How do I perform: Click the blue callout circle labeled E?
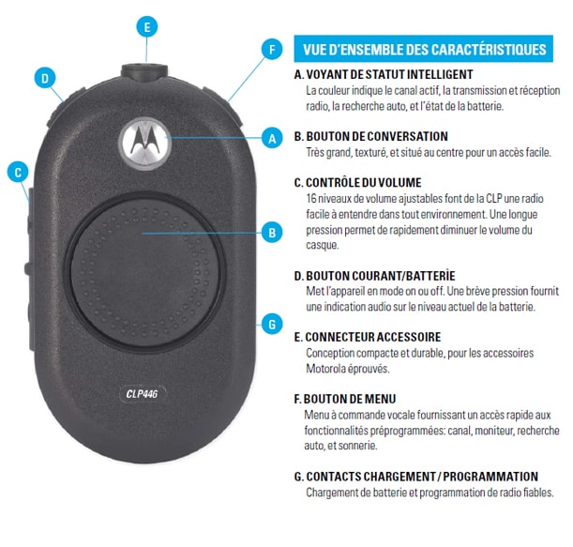coord(147,27)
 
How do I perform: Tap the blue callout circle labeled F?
coord(272,50)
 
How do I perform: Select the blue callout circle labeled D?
coord(45,78)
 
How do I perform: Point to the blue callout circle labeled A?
coord(272,138)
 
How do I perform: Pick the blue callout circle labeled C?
coord(18,173)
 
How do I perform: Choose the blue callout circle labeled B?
coord(272,233)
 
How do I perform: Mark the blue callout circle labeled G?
coord(272,324)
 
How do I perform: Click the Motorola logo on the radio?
coord(145,143)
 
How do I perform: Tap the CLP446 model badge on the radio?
coord(143,394)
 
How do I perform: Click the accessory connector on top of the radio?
coord(144,71)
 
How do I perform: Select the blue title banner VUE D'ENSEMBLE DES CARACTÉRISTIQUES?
coord(423,49)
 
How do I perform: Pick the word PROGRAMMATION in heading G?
coord(490,477)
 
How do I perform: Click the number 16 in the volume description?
coord(311,199)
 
